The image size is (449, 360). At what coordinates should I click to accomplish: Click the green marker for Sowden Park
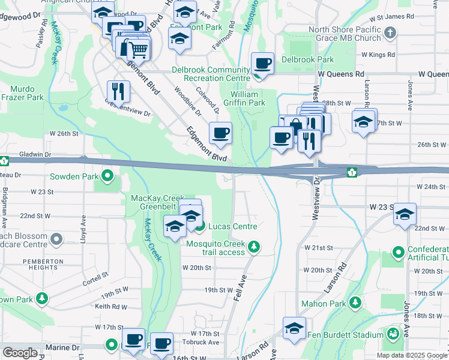(x=107, y=176)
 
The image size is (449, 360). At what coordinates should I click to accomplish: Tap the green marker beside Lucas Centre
(x=200, y=226)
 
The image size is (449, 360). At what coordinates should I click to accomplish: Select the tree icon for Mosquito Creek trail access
(x=254, y=247)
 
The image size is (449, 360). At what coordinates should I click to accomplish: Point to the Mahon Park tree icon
(x=355, y=303)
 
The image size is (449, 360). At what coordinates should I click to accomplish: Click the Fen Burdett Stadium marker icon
(x=394, y=334)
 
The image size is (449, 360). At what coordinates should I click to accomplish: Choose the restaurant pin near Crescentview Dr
(x=118, y=92)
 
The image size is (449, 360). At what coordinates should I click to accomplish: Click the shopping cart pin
(x=139, y=49)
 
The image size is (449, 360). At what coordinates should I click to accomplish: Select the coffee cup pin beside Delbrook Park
(x=263, y=63)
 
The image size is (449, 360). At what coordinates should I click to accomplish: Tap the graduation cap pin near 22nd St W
(x=405, y=214)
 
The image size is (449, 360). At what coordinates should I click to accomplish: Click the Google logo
(x=20, y=353)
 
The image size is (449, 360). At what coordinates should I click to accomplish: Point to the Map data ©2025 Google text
(x=412, y=355)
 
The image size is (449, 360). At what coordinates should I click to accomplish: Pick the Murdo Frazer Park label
(x=22, y=92)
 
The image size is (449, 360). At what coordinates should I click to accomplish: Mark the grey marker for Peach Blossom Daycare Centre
(x=56, y=240)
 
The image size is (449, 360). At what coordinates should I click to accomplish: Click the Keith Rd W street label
(x=110, y=307)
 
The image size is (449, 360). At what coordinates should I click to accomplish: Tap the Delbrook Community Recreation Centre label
(x=211, y=74)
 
